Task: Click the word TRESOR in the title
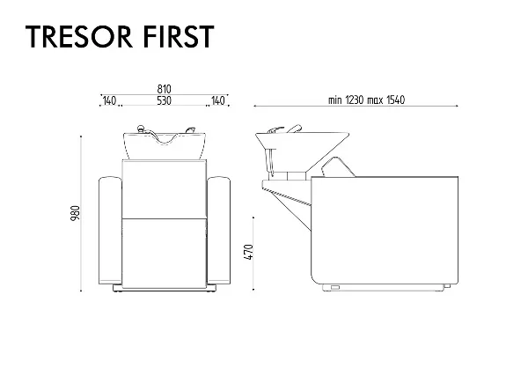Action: click(79, 36)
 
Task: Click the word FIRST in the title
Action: click(179, 36)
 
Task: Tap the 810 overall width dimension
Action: click(164, 89)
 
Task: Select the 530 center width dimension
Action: click(164, 100)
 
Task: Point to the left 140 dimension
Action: click(109, 100)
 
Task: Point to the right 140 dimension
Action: click(218, 100)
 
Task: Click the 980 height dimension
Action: click(76, 213)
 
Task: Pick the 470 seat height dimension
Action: click(248, 252)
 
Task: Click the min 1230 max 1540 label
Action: click(366, 100)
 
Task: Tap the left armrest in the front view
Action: click(110, 231)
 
